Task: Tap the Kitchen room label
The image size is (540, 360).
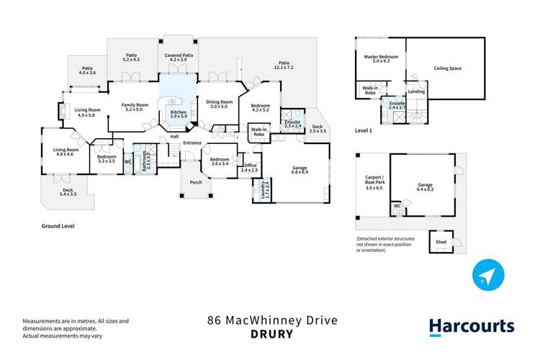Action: click(x=178, y=113)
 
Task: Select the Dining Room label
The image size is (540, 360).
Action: click(x=220, y=102)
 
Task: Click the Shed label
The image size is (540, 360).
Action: click(x=441, y=243)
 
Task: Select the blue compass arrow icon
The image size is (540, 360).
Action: click(x=488, y=276)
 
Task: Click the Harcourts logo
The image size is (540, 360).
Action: click(x=472, y=326)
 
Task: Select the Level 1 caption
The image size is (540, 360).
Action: click(x=364, y=130)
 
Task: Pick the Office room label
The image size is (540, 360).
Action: click(x=249, y=166)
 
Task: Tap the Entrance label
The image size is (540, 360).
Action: click(x=192, y=143)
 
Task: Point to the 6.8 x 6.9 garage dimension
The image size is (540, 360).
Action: click(x=300, y=173)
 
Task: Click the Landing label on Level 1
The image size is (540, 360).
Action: click(x=416, y=91)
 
